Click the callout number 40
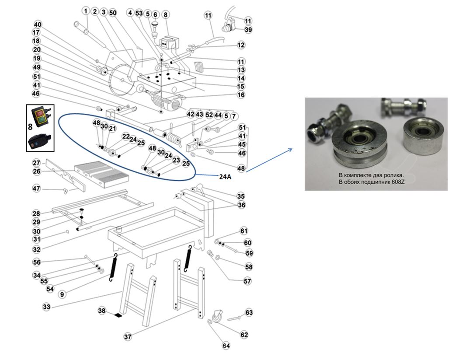coord(38,24)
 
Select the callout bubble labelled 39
coord(248,30)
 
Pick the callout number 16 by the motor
coord(241,94)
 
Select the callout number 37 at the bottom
coord(128,337)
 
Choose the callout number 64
coord(226,346)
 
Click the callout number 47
coord(36,189)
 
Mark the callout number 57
coord(247,281)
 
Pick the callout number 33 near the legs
coord(46,307)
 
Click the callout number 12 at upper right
coord(241,45)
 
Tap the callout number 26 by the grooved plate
coord(36,171)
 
